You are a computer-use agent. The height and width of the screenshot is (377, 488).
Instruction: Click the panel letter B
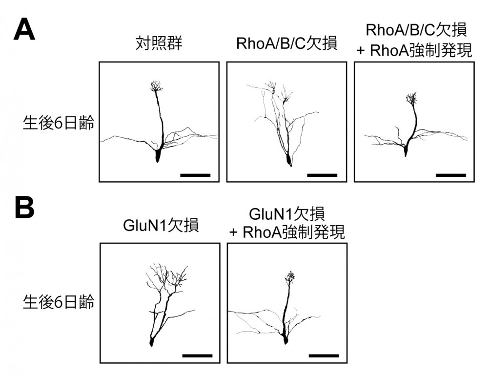24,208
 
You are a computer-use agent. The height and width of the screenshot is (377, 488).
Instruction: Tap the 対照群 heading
159,44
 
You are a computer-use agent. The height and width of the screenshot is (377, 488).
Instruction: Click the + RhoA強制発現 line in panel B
287,232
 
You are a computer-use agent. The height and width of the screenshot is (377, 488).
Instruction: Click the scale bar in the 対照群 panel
195,174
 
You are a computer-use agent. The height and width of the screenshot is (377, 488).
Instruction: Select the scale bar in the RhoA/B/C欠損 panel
323,174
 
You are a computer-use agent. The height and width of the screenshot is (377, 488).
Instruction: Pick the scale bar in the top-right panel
450,174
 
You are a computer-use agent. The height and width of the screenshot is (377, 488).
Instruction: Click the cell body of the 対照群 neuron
158,155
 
